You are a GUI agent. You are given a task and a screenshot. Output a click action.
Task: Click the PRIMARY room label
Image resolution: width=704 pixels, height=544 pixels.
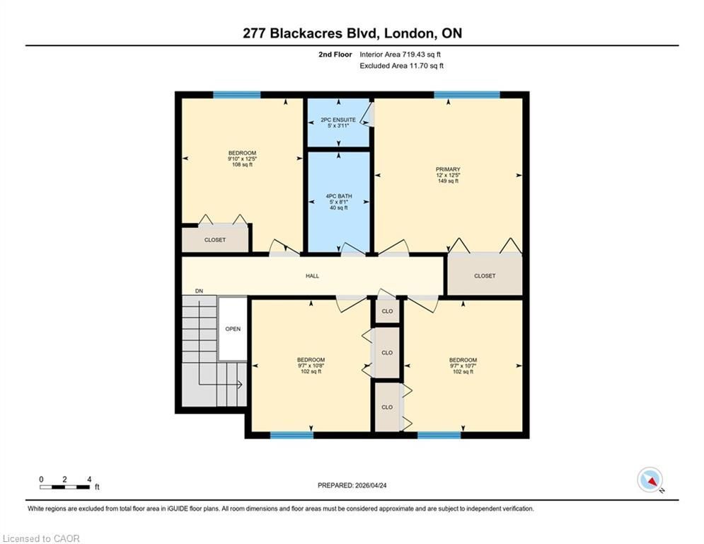click(x=448, y=169)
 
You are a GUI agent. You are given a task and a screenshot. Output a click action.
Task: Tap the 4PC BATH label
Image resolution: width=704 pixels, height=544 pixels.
click(x=338, y=196)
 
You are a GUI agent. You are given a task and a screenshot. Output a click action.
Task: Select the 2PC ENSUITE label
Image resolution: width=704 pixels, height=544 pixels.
click(x=338, y=120)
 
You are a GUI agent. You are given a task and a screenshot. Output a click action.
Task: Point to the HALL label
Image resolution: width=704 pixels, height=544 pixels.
click(x=313, y=276)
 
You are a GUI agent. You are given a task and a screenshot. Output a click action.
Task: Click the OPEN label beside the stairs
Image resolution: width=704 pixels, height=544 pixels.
click(x=233, y=329)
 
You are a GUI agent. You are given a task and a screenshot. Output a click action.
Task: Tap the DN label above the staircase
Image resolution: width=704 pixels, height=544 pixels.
click(x=199, y=291)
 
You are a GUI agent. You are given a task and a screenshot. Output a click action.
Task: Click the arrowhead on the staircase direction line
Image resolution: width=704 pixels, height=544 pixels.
click(x=240, y=385)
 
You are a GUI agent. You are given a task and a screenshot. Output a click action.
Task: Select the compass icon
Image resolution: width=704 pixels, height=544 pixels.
click(x=650, y=480)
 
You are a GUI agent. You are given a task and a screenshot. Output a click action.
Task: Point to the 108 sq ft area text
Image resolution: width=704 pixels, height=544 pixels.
click(x=242, y=164)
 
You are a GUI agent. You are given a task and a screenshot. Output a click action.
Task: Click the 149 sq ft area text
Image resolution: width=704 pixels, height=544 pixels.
click(x=448, y=181)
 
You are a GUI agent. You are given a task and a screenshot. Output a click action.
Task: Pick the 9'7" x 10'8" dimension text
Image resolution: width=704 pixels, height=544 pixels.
click(x=311, y=366)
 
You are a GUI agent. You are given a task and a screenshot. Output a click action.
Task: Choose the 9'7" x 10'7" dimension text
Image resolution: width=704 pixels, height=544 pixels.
click(x=463, y=366)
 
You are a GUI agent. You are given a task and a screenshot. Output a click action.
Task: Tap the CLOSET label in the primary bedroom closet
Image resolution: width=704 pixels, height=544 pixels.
click(x=485, y=276)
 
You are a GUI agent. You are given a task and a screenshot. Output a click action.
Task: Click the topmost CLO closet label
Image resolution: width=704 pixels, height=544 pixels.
click(x=387, y=311)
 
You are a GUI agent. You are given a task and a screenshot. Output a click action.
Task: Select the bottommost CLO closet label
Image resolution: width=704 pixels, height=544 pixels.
click(x=387, y=407)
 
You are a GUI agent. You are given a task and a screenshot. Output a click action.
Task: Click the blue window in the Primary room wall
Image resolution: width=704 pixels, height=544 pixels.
click(x=467, y=95)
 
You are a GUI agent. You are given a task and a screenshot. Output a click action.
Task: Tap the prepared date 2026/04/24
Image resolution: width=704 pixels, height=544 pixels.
click(x=371, y=485)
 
